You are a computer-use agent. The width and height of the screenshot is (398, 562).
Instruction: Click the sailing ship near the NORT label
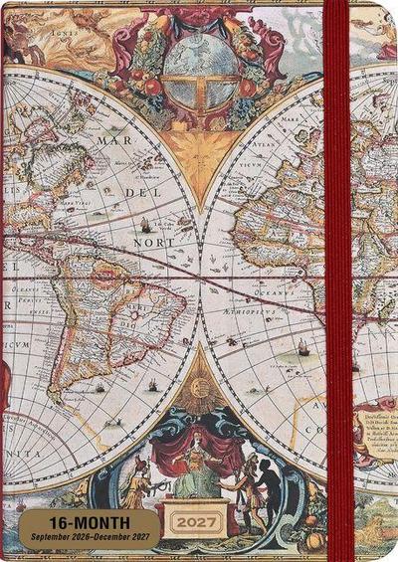point(146,224)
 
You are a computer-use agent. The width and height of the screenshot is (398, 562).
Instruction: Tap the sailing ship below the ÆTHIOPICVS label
point(302,346)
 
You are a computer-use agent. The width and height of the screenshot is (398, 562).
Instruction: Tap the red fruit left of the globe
point(152,87)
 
